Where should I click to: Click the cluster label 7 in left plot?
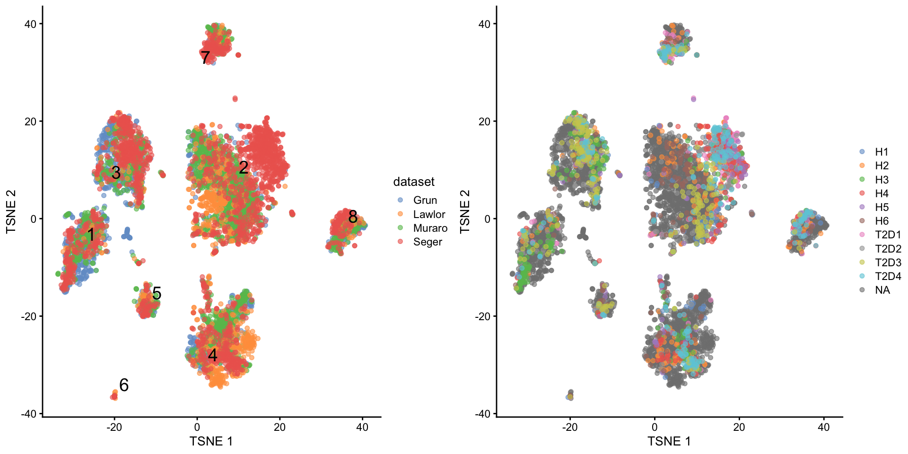coord(205,58)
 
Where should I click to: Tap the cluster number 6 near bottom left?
coord(124,385)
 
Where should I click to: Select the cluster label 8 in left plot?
coord(353,217)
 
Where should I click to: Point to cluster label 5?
coord(157,294)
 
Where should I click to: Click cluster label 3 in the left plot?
coord(116,173)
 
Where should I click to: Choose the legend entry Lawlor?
coord(428,214)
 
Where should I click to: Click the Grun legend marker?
coord(401,200)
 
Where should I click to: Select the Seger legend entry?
coord(427,242)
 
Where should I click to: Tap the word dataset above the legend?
coord(413,182)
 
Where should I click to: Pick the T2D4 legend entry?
coord(887,276)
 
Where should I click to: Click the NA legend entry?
coord(882,290)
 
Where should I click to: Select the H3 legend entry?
coord(881,180)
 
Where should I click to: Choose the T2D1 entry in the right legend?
coord(887,235)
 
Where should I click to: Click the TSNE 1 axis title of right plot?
coord(669,441)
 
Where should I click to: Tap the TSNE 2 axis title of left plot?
coord(11,212)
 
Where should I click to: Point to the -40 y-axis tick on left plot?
coord(29,413)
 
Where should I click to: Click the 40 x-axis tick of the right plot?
coord(823,428)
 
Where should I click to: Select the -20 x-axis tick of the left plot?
coord(114,428)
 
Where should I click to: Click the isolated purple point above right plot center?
coord(693,99)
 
